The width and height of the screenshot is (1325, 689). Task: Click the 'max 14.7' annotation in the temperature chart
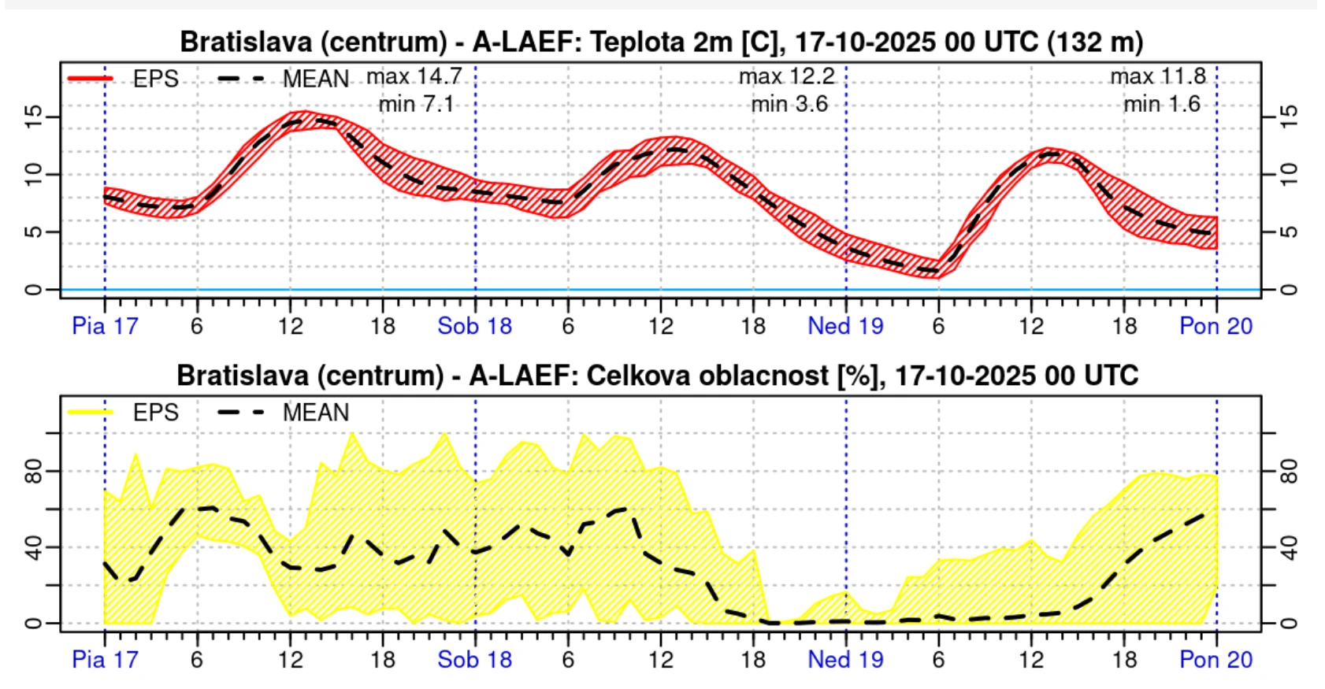tap(414, 77)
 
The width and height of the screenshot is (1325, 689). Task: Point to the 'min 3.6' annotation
tap(789, 105)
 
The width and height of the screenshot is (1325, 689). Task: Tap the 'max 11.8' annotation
tap(1158, 77)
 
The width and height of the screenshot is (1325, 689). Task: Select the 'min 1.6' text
tap(1162, 105)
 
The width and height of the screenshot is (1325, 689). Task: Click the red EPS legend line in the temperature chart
tap(91, 79)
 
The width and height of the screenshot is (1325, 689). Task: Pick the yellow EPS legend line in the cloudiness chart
tap(91, 412)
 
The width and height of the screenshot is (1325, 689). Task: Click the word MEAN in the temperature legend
tap(315, 79)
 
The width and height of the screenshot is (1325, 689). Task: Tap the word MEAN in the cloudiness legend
tap(315, 412)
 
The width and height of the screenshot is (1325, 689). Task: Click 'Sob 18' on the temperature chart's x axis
tap(474, 326)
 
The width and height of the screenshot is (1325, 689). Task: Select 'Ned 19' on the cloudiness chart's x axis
tap(845, 660)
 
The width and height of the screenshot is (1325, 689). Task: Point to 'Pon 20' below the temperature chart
tap(1216, 326)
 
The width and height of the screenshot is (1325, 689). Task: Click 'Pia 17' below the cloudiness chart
tap(105, 660)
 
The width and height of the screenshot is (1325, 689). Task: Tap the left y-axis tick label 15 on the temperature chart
tap(33, 117)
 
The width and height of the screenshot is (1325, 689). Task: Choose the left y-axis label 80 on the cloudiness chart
tap(33, 472)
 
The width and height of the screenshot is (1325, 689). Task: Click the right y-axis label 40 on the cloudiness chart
tap(1288, 547)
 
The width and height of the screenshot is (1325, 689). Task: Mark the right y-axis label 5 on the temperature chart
tap(1288, 232)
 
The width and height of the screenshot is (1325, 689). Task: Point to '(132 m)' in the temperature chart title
tap(1095, 42)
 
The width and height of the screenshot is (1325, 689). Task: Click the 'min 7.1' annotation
tap(416, 105)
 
